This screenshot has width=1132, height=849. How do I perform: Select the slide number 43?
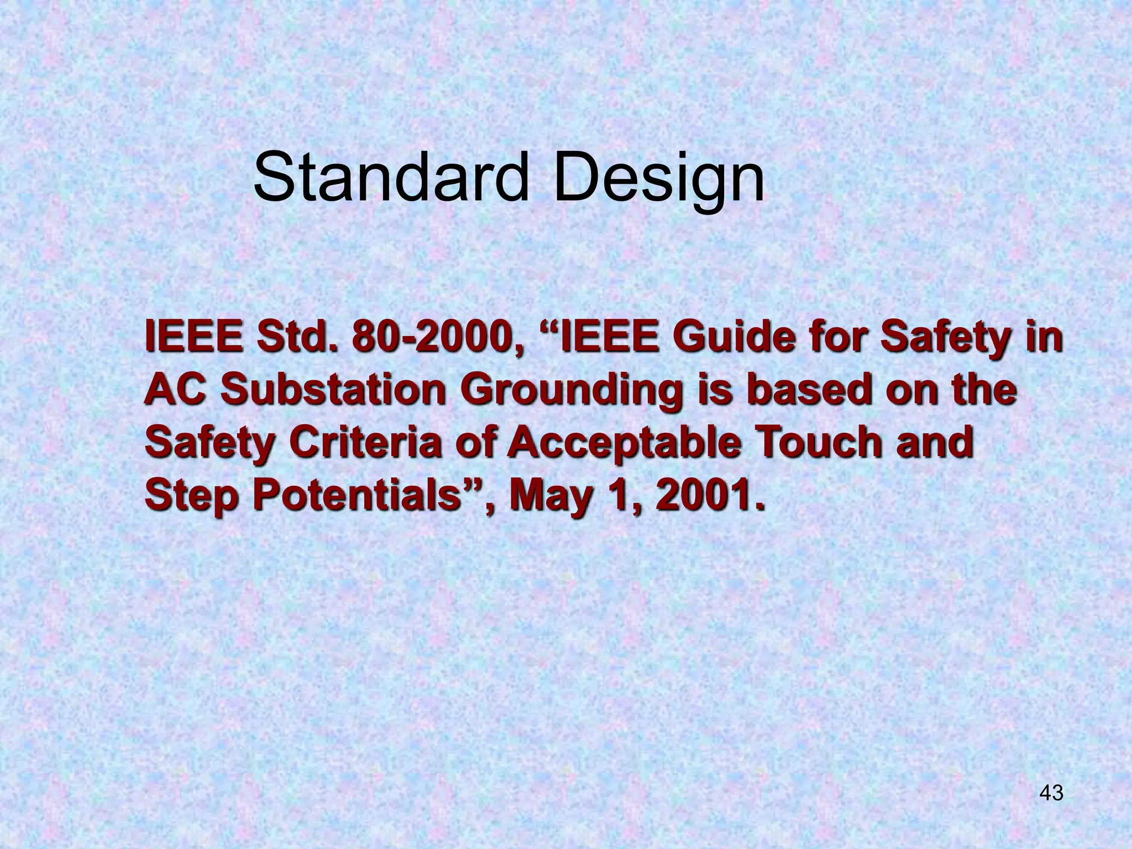[x=1051, y=793]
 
